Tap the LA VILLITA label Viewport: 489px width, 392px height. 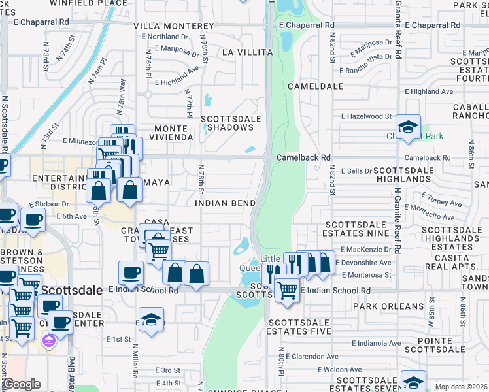pyautogui.click(x=247, y=52)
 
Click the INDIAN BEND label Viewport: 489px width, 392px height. pyautogui.click(x=226, y=203)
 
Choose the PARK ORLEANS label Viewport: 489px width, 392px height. pyautogui.click(x=388, y=306)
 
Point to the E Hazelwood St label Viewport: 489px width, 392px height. pyautogui.click(x=365, y=116)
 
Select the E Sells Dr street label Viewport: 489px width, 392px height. pyautogui.click(x=356, y=170)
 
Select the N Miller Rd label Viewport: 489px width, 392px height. pyautogui.click(x=135, y=361)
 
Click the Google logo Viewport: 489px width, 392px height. pyautogui.click(x=22, y=384)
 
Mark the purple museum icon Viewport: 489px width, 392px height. pyautogui.click(x=48, y=340)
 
